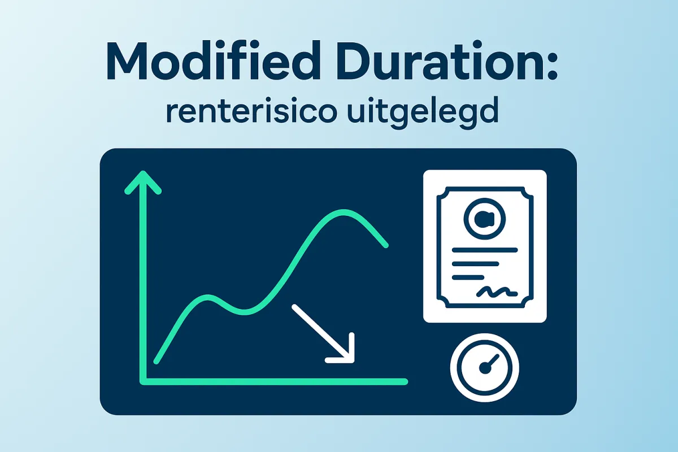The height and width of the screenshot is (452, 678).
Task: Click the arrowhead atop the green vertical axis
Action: [x=142, y=182]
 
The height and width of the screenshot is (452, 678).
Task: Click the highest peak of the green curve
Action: [x=344, y=211]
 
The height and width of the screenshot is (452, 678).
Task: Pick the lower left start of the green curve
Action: [x=157, y=361]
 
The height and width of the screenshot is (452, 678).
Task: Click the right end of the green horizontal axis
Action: [x=405, y=382]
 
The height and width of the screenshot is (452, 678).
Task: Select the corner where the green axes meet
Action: [x=143, y=382]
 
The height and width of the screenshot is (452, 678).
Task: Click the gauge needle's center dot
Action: [x=484, y=368]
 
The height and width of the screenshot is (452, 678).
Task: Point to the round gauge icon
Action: [x=484, y=367]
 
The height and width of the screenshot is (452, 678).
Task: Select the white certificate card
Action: [x=485, y=246]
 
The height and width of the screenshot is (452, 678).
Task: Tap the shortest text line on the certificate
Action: [x=468, y=277]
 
